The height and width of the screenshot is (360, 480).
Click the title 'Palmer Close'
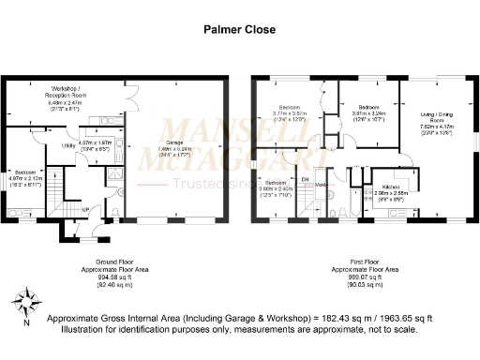click(x=240, y=29)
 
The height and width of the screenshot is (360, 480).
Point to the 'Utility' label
click(x=68, y=145)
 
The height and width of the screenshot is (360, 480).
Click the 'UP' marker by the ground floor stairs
click(x=86, y=208)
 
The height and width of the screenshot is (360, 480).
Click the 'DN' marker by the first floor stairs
click(x=305, y=178)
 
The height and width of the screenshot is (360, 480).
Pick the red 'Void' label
click(x=321, y=185)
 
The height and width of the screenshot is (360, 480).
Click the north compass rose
click(x=26, y=304)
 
